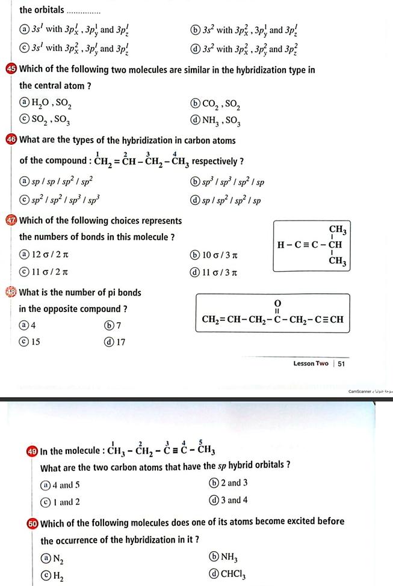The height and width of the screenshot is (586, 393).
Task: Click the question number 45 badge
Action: [x=11, y=70]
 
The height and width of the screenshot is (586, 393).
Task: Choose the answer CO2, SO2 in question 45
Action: [x=215, y=108]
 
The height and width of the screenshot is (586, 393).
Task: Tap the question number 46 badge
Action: [x=11, y=141]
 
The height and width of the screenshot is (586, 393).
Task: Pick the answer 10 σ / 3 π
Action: [x=216, y=255]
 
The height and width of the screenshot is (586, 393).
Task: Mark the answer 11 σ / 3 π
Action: [x=216, y=273]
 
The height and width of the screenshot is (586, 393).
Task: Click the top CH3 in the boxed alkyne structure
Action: [x=337, y=230]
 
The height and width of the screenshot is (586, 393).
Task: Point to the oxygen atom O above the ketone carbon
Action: [x=277, y=301]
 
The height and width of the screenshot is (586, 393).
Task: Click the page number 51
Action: [x=341, y=364]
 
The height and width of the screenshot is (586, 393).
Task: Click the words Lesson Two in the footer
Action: [x=311, y=364]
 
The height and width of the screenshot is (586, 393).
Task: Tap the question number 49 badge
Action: [x=32, y=451]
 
